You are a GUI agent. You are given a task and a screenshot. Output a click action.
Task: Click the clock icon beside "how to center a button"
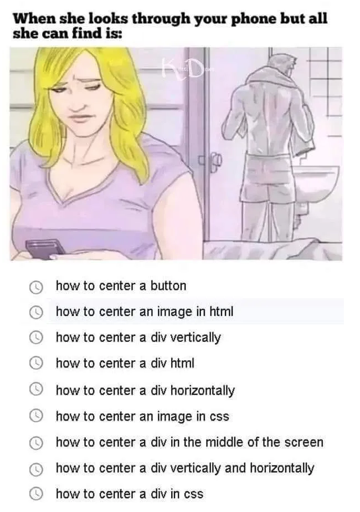[36, 287]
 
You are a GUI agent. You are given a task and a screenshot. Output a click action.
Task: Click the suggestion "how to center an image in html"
[145, 312]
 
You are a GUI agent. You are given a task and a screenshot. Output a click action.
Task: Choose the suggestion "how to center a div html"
[125, 363]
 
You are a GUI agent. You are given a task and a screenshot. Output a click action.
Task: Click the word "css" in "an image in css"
[218, 416]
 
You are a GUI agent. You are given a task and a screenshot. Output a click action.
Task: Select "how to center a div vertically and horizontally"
[185, 468]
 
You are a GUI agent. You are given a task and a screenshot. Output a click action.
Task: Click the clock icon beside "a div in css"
[36, 494]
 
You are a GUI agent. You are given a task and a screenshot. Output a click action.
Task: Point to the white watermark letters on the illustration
[182, 69]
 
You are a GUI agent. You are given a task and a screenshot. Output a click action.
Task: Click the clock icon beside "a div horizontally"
[36, 391]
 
